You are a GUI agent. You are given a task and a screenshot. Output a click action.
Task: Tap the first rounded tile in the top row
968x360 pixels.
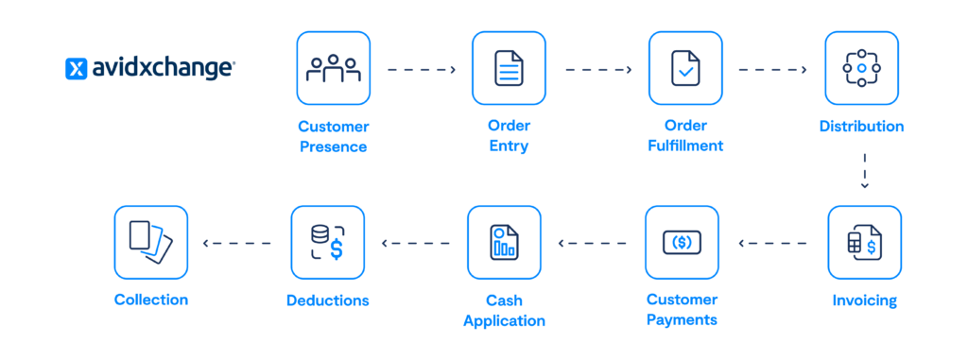point(334,68)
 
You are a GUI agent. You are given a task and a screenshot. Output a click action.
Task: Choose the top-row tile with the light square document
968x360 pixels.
point(510,68)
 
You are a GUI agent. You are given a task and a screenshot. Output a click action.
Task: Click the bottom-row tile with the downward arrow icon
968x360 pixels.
point(151,242)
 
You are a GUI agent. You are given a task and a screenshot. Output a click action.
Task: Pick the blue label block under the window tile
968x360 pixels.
point(684,313)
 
